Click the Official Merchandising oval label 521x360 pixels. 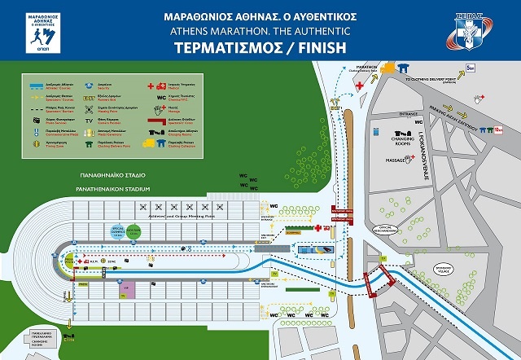click(x=383, y=227)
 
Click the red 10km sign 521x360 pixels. click(x=499, y=128)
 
